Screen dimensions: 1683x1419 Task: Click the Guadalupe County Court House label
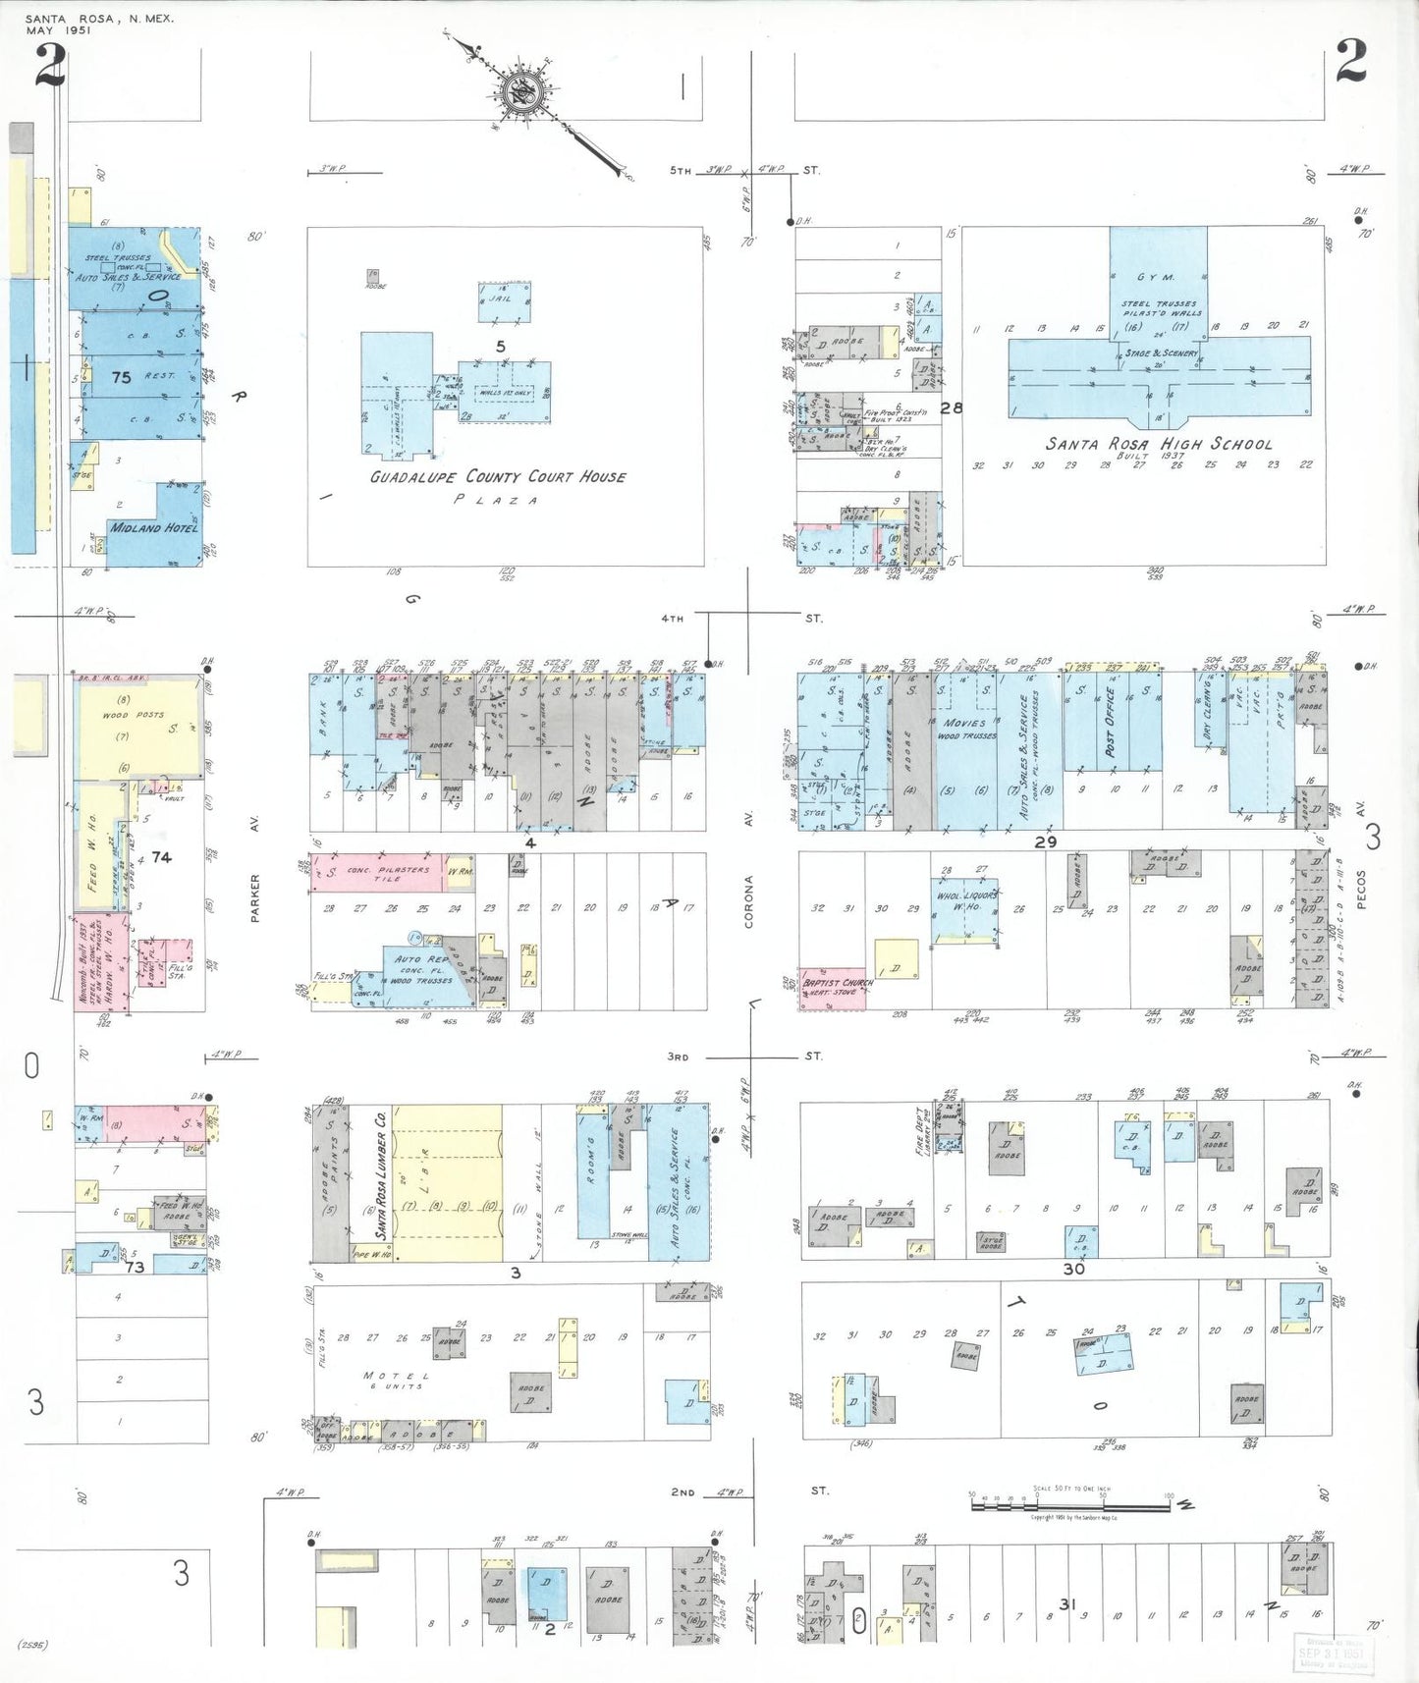click(x=497, y=477)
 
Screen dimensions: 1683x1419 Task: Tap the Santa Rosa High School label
click(x=1158, y=444)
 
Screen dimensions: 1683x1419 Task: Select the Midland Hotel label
click(x=153, y=527)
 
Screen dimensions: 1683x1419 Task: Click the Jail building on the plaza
click(x=505, y=301)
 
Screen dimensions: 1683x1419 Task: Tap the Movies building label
click(x=964, y=723)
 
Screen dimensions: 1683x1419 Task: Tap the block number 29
click(x=1045, y=841)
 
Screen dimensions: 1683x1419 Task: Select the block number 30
click(x=1073, y=1269)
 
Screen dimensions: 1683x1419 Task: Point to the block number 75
click(x=121, y=377)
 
